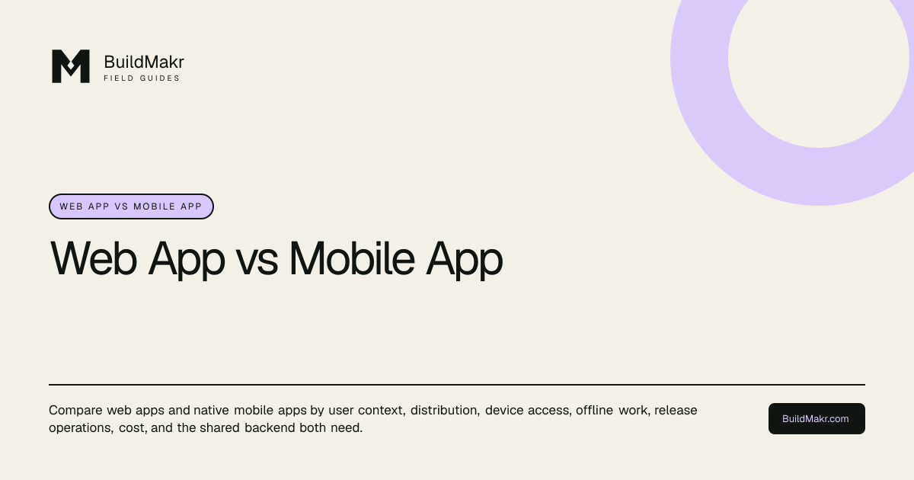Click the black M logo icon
pyautogui.click(x=71, y=66)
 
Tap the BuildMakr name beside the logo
pyautogui.click(x=144, y=62)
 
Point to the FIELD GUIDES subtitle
pyautogui.click(x=142, y=78)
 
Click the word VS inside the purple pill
pyautogui.click(x=122, y=206)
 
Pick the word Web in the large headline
pyautogui.click(x=94, y=258)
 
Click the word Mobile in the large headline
pyautogui.click(x=352, y=258)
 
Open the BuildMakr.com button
pyautogui.click(x=817, y=419)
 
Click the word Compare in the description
pyautogui.click(x=75, y=410)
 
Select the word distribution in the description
pyautogui.click(x=445, y=410)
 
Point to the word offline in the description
pyautogui.click(x=594, y=410)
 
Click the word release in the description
pyautogui.click(x=676, y=410)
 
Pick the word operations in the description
pyautogui.click(x=81, y=428)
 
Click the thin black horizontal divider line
pyautogui.click(x=457, y=385)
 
